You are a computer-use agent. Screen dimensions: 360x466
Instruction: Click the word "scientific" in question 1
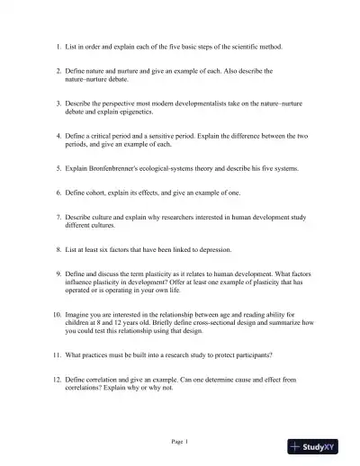pyautogui.click(x=246, y=45)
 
